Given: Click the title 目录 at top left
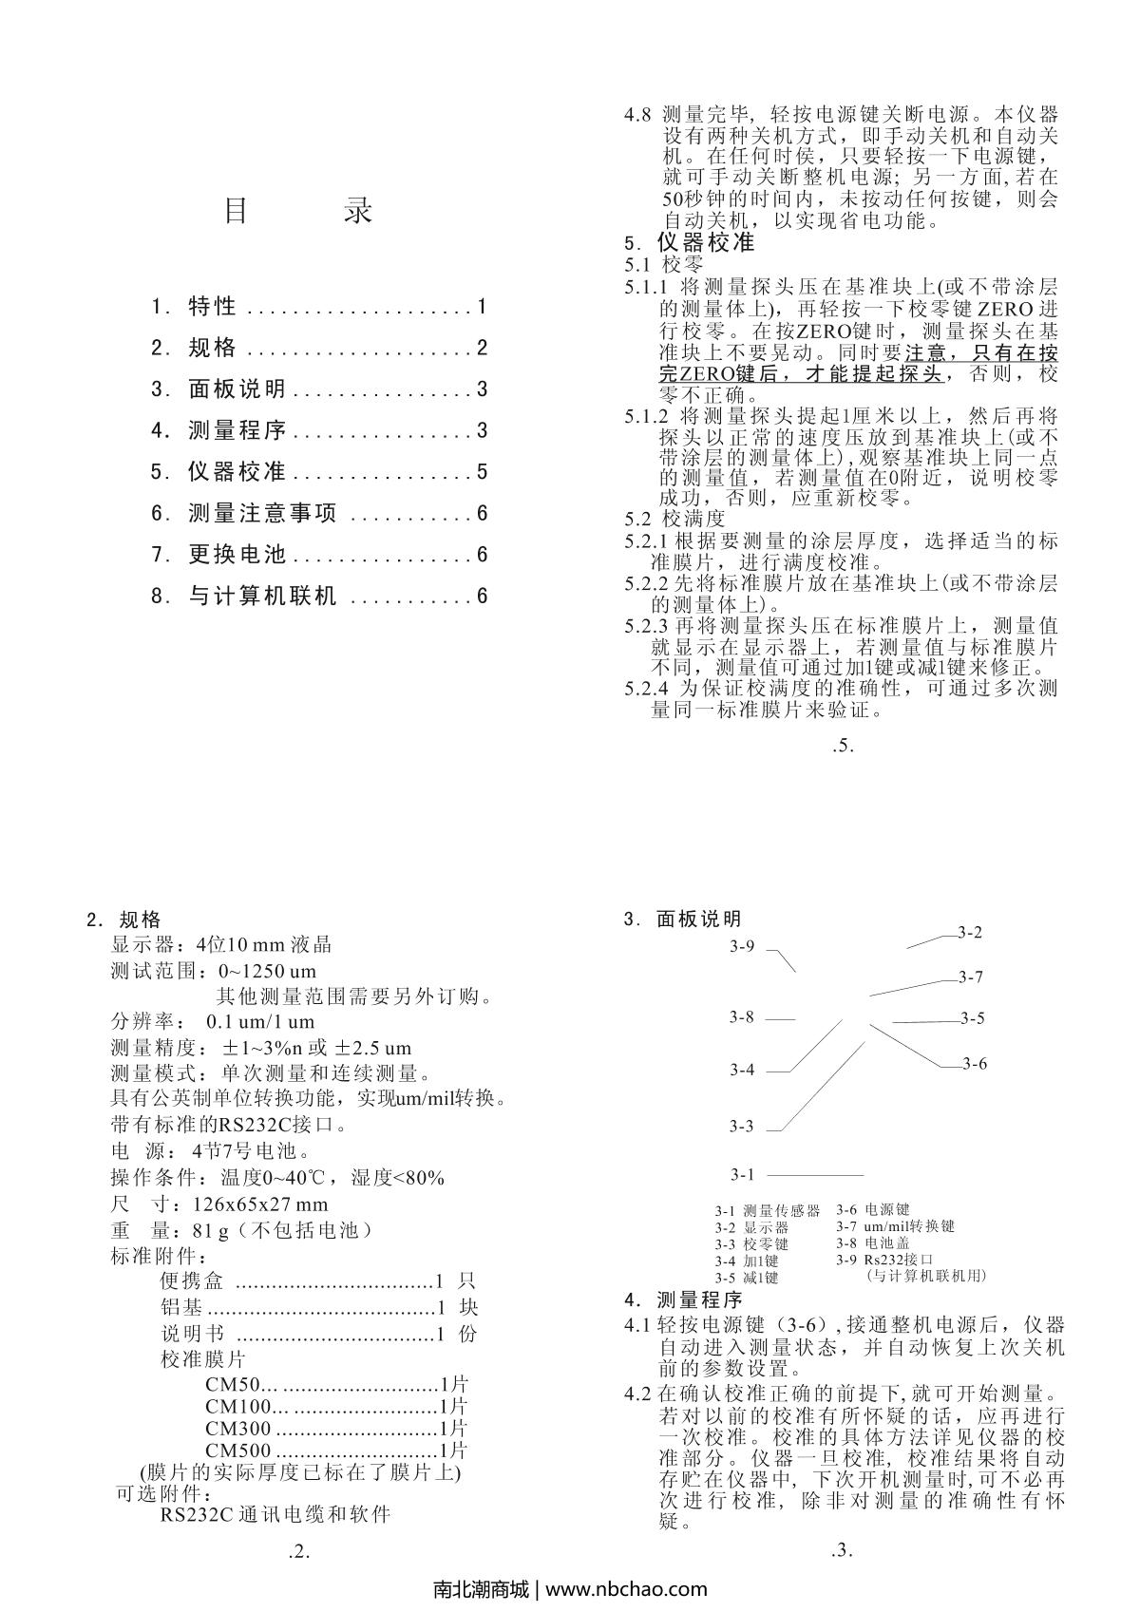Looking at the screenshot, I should [x=297, y=211].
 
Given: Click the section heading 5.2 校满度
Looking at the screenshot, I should [x=674, y=519].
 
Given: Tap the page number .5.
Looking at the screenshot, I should [x=844, y=746].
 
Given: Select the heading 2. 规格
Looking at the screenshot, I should [x=124, y=920].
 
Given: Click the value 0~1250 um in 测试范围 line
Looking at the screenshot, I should [x=267, y=972].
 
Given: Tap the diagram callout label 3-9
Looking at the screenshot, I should [x=742, y=946].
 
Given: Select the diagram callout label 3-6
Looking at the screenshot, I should [x=975, y=1064].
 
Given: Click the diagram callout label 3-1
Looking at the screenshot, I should [x=742, y=1174].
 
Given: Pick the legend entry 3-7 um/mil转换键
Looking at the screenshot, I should [x=895, y=1226].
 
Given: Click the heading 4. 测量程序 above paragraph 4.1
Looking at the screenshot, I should [x=683, y=1299].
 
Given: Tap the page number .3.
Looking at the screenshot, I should [x=842, y=1552].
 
